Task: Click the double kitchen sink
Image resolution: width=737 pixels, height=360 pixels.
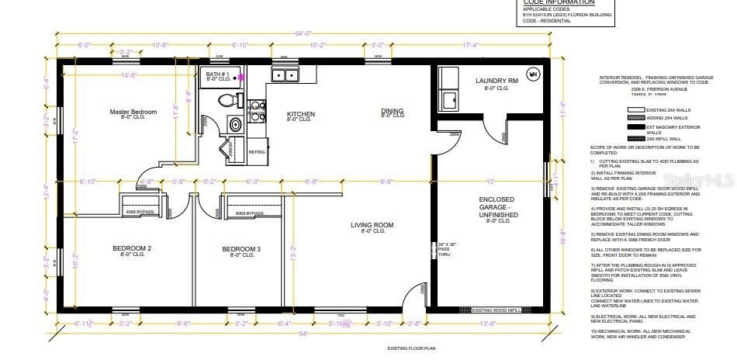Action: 285,75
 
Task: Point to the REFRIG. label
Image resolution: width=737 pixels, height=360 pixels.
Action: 256,152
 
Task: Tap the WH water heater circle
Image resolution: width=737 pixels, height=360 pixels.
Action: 533,74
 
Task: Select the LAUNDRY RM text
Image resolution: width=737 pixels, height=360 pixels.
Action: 496,81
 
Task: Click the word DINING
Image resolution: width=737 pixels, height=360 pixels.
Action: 393,111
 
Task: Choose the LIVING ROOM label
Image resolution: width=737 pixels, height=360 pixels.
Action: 373,225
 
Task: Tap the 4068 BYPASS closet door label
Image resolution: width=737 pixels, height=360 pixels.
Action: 140,211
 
